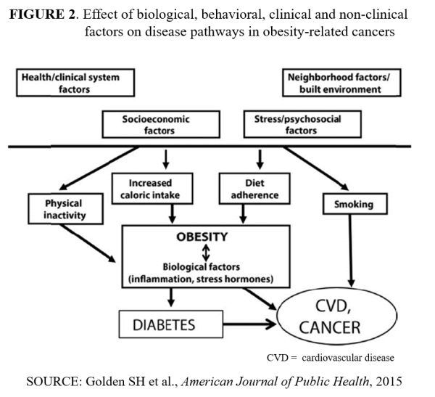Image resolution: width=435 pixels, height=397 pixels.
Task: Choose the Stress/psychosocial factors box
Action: point(287,124)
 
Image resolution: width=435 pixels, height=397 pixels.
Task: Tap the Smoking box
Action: point(355,205)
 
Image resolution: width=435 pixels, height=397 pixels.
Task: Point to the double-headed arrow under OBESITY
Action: point(205,251)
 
